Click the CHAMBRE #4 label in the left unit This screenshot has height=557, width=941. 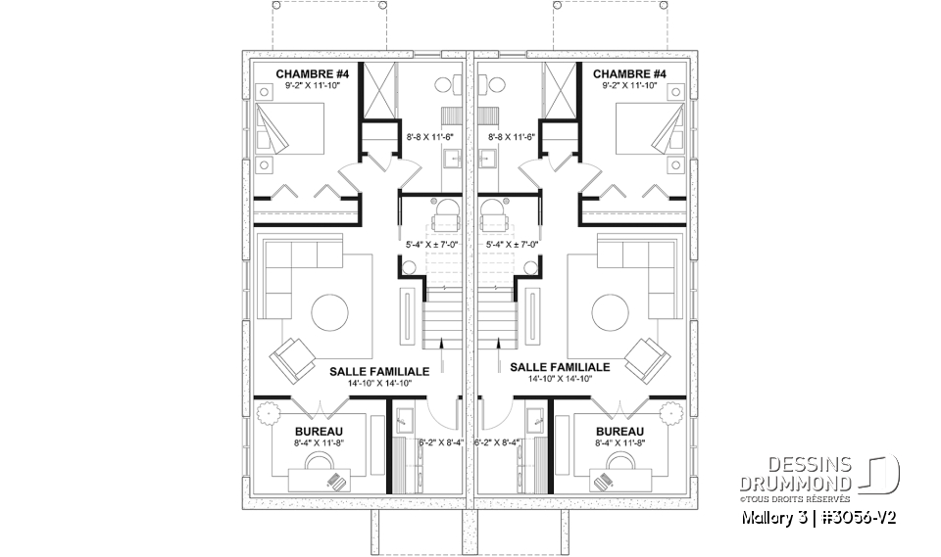306,73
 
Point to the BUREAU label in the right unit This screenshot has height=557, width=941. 619,431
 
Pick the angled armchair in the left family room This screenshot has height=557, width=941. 292,359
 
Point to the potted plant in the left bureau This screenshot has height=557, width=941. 265,414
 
